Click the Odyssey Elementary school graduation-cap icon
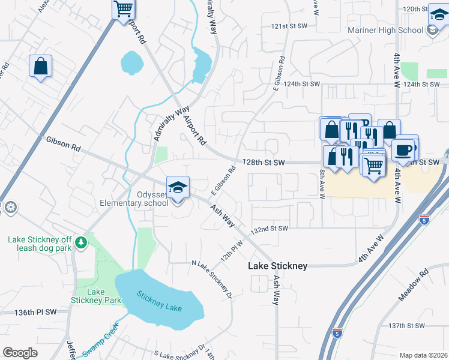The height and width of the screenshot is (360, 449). [177, 187]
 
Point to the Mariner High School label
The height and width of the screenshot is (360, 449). [385, 31]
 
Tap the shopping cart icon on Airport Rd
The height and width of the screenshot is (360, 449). [123, 8]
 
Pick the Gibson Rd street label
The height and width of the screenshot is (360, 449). [63, 143]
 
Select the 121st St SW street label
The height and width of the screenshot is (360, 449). [289, 27]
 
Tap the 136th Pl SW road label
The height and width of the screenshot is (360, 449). [35, 313]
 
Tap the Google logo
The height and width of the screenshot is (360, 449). [20, 353]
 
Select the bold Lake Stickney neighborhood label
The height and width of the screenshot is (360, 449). [278, 266]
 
